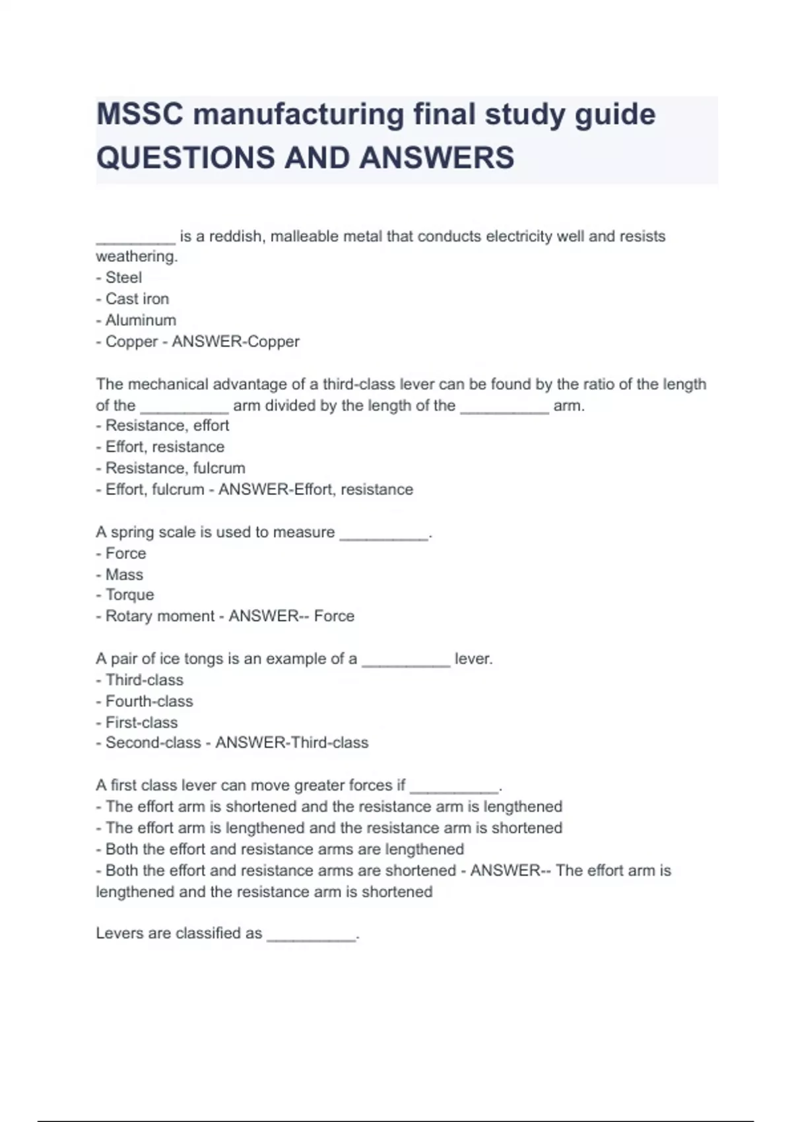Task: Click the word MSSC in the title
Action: pyautogui.click(x=139, y=114)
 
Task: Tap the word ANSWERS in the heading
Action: pyautogui.click(x=437, y=158)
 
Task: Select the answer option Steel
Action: pyautogui.click(x=123, y=278)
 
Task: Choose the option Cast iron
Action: pyautogui.click(x=137, y=299)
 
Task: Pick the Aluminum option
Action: pyautogui.click(x=141, y=320)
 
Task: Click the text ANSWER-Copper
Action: pyautogui.click(x=236, y=342)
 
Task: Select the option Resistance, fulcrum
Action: pyautogui.click(x=175, y=468)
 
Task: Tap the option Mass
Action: pyautogui.click(x=124, y=574)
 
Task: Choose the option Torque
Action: pyautogui.click(x=129, y=595)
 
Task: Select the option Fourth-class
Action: pyautogui.click(x=149, y=701)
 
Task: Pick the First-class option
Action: pyautogui.click(x=141, y=722)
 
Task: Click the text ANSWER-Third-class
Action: pyautogui.click(x=292, y=742)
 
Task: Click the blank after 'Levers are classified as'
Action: pyautogui.click(x=311, y=936)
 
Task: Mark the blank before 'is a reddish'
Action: pyautogui.click(x=135, y=239)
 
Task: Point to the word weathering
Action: pyautogui.click(x=136, y=257)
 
